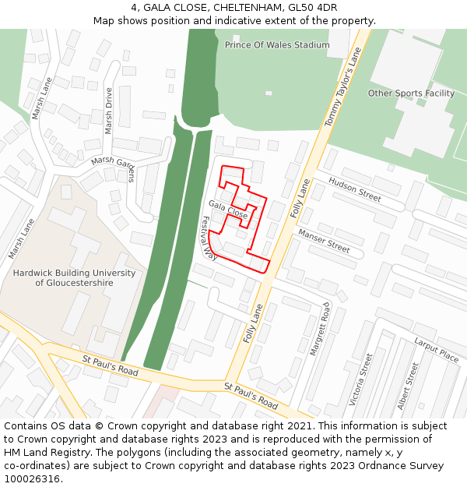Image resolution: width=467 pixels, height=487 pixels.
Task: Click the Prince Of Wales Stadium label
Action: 277,45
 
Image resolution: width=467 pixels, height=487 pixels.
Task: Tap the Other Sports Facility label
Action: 411,94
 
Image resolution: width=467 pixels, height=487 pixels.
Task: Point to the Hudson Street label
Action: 354,189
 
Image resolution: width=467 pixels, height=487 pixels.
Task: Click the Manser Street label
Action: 324,241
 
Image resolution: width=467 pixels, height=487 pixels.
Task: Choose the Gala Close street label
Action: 228,209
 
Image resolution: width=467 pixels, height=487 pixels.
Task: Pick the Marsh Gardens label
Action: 114,167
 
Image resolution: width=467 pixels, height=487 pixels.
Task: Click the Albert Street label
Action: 408,386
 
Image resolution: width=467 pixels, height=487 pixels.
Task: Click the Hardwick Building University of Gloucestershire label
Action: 74,278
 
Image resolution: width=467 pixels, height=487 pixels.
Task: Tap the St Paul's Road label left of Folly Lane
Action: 110,366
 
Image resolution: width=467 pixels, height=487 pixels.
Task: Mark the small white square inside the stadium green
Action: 269,94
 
